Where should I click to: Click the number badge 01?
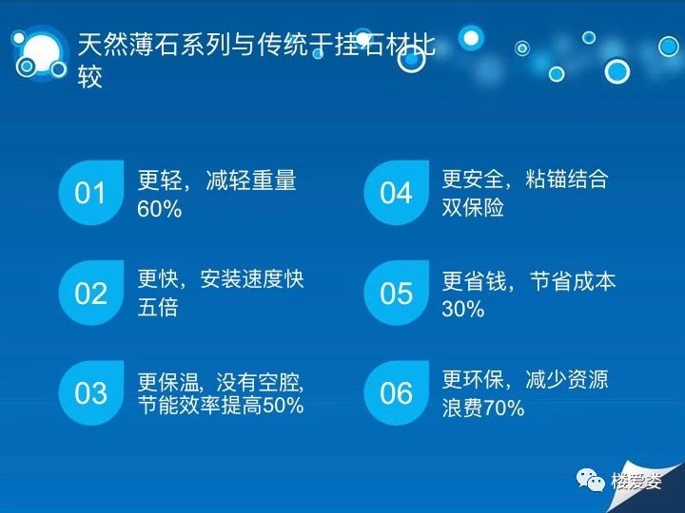(x=91, y=192)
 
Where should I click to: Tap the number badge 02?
(x=91, y=293)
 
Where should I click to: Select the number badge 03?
(x=91, y=392)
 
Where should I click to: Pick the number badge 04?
(x=396, y=192)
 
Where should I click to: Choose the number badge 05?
(x=396, y=293)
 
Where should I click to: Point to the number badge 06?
(x=396, y=392)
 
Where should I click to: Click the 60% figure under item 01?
(x=160, y=209)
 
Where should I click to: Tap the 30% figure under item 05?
(x=463, y=309)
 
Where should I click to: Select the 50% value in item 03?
(x=284, y=406)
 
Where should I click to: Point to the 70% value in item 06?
(x=503, y=408)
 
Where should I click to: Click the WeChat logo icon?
(x=590, y=481)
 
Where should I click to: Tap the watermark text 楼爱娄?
(x=636, y=481)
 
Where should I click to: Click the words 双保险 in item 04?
(x=473, y=207)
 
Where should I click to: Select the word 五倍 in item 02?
(x=158, y=307)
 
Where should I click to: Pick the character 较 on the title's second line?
(x=90, y=77)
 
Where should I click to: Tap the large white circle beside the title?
(x=42, y=53)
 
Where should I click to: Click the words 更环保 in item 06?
(x=473, y=379)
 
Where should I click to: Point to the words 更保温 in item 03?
(x=168, y=382)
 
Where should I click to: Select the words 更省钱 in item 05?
(x=474, y=281)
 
